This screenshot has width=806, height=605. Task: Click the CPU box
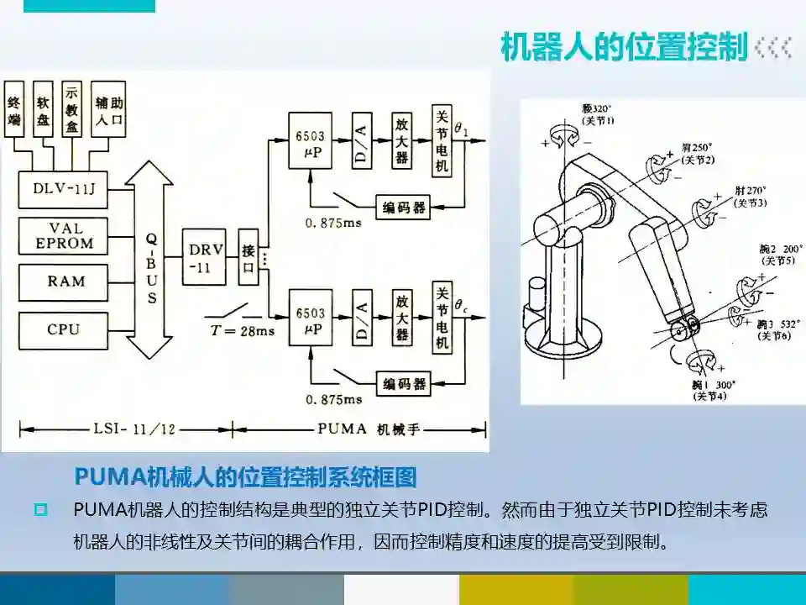(64, 329)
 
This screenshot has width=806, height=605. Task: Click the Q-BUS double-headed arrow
(152, 260)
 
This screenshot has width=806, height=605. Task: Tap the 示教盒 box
(71, 109)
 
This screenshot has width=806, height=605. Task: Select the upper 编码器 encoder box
(404, 208)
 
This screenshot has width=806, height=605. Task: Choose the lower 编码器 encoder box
(404, 384)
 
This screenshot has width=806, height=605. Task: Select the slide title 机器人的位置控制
(623, 47)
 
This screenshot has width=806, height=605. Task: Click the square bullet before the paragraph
(40, 510)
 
